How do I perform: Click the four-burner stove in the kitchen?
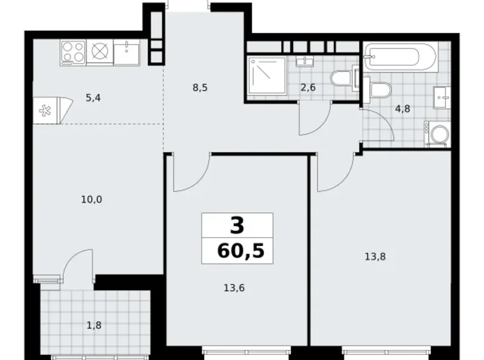pos(73,52)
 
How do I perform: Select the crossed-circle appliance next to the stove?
pos(100,52)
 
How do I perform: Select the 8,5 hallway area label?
pos(200,88)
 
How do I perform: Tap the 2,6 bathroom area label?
pos(308,88)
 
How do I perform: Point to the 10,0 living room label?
pos(91,199)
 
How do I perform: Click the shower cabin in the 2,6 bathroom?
pos(266,78)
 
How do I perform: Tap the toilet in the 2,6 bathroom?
pos(342,79)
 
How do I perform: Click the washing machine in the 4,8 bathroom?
pos(439,135)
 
